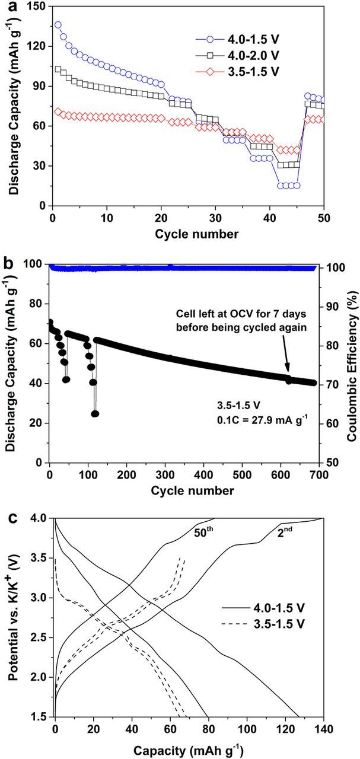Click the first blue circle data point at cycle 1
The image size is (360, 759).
58,25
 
